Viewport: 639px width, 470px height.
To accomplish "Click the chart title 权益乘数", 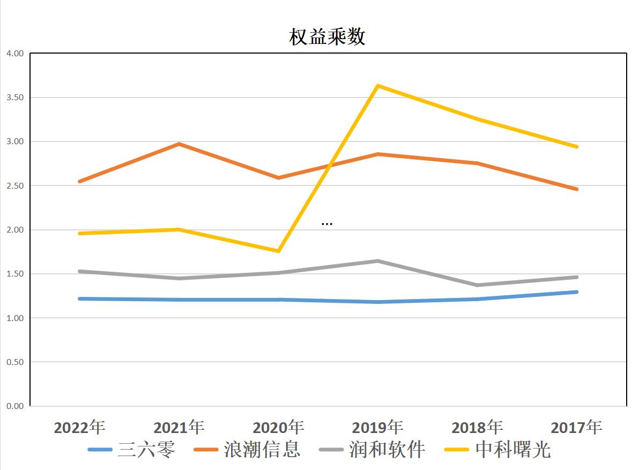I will [x=328, y=37].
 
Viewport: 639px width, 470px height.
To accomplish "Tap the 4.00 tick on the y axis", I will [x=15, y=54].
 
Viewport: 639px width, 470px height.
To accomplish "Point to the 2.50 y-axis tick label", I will [x=15, y=186].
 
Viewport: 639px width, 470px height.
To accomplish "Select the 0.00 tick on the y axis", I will [x=15, y=406].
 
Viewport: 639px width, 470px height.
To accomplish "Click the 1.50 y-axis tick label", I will [x=15, y=274].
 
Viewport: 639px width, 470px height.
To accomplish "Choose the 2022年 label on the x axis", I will [x=80, y=427].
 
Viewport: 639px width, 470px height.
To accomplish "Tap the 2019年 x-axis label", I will [x=378, y=427].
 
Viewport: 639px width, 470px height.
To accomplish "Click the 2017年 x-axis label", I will [x=576, y=427].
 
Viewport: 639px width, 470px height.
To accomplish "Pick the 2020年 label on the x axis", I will [x=278, y=427].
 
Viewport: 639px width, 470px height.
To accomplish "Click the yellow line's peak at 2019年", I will [x=378, y=86].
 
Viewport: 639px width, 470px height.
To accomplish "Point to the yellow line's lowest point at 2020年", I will [x=279, y=251].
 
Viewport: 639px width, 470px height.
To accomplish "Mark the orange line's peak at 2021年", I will [x=179, y=144].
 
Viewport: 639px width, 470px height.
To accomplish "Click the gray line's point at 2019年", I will [x=378, y=261].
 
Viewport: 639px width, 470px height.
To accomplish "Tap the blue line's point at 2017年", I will [x=576, y=292].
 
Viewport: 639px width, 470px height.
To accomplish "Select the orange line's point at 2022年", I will [x=80, y=182].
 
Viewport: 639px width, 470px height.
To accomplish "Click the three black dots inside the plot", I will [x=327, y=223].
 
